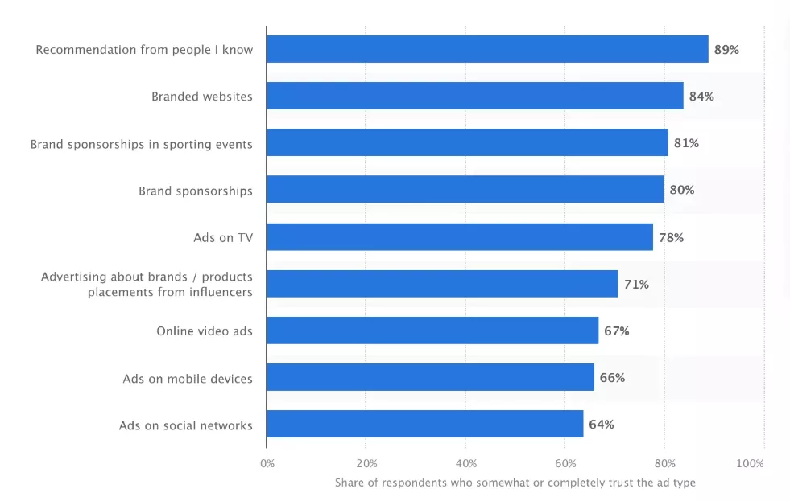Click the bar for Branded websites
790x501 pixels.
pyautogui.click(x=475, y=96)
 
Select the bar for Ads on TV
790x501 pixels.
pyautogui.click(x=460, y=237)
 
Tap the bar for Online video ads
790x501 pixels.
pyautogui.click(x=432, y=331)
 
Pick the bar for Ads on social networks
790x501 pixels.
pyautogui.click(x=425, y=425)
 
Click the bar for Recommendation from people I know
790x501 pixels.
pyautogui.click(x=487, y=49)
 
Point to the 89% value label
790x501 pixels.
pyautogui.click(x=726, y=50)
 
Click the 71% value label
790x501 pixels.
pyautogui.click(x=635, y=284)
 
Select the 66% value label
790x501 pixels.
pyautogui.click(x=612, y=378)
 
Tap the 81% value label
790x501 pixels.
pyautogui.click(x=686, y=143)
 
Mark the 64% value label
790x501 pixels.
pyautogui.click(x=601, y=425)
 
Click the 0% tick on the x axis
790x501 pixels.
pyautogui.click(x=267, y=463)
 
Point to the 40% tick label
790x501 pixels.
pyautogui.click(x=465, y=463)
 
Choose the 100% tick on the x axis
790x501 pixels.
pyautogui.click(x=751, y=463)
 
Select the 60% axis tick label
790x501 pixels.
pyautogui.click(x=565, y=463)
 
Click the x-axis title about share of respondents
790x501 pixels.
pyautogui.click(x=515, y=483)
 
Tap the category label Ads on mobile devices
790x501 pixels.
pyautogui.click(x=188, y=378)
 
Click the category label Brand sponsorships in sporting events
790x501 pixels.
pyautogui.click(x=142, y=144)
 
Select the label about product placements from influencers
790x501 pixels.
pyautogui.click(x=147, y=284)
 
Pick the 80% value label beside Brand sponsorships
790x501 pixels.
pyautogui.click(x=681, y=191)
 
